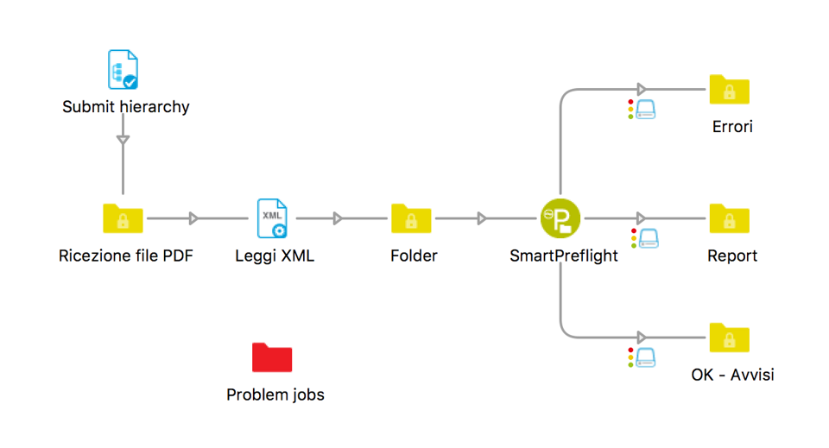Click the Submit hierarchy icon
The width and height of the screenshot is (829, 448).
click(123, 71)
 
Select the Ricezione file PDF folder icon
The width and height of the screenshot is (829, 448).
click(123, 218)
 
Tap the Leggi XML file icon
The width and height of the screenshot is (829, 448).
click(272, 218)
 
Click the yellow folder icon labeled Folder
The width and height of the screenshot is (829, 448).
click(411, 218)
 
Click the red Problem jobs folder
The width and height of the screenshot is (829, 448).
click(272, 357)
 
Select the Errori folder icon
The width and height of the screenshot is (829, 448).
click(730, 90)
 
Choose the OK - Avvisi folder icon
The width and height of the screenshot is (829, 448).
click(730, 338)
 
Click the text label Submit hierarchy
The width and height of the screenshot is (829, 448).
click(126, 108)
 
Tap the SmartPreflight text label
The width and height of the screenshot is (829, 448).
click(564, 256)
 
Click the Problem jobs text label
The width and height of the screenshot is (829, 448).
click(275, 395)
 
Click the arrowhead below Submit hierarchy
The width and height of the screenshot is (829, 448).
click(123, 140)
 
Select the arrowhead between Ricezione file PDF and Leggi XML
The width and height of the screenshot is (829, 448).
click(194, 218)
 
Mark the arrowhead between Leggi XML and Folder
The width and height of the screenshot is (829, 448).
click(338, 218)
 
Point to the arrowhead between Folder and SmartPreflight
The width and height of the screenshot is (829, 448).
click(482, 218)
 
